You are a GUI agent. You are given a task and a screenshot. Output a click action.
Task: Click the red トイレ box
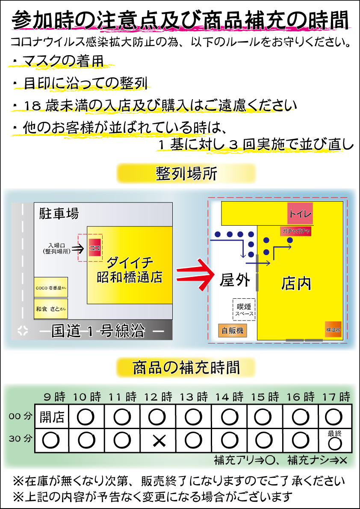pos(300,214)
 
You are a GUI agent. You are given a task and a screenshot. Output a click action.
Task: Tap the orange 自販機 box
pos(232,330)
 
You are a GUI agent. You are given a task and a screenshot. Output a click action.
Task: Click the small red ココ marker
pos(94,248)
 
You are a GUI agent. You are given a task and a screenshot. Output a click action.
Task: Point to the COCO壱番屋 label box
pos(51,288)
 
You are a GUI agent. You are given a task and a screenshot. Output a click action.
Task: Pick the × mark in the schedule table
pos(159,441)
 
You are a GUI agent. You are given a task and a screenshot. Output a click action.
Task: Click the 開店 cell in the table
pos(52,417)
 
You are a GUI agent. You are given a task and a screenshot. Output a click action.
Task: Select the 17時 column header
pos(336,397)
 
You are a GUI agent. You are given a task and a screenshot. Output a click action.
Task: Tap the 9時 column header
pos(54,397)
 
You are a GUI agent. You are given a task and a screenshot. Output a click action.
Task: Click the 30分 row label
pos(21,438)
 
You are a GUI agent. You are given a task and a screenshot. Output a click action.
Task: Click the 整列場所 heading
pos(186,174)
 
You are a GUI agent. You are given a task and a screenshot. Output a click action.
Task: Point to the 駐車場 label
pos(59,213)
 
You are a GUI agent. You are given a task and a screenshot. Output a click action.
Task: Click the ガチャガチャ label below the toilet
pos(295,231)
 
